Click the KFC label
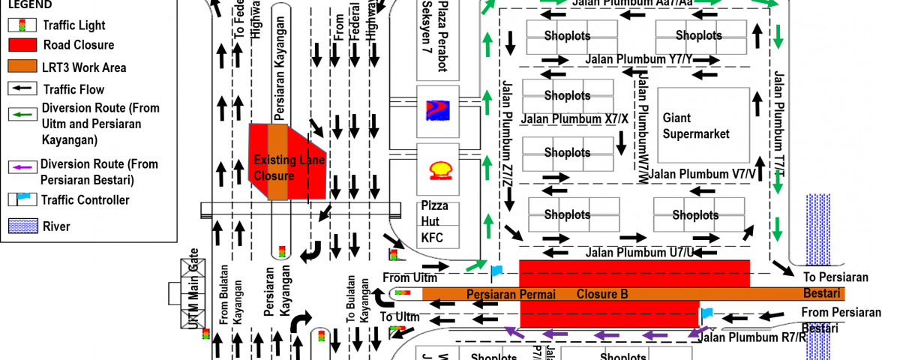(x=433, y=238)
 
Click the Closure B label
(x=602, y=294)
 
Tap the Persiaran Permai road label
(x=511, y=294)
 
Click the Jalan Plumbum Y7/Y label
(x=639, y=59)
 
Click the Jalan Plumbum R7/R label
(x=752, y=337)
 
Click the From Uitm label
(x=409, y=277)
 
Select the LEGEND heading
(x=30, y=4)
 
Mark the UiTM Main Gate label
(x=193, y=289)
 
